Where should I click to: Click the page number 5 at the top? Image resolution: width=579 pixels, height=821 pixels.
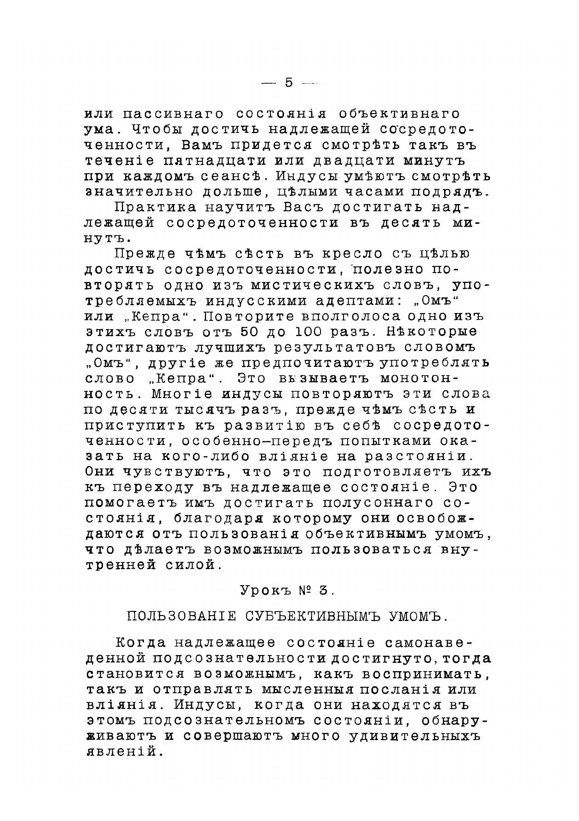288,83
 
